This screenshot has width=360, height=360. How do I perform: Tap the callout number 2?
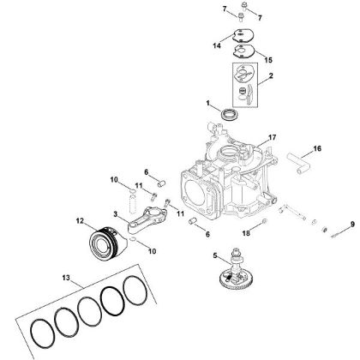270,76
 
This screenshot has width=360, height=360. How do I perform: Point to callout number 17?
272,136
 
